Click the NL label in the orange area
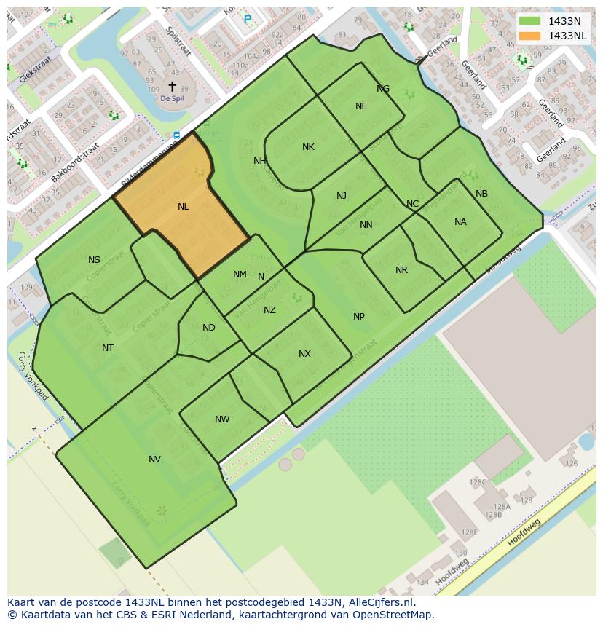pyautogui.click(x=183, y=207)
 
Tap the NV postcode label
pyautogui.click(x=154, y=460)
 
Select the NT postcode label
pyautogui.click(x=108, y=348)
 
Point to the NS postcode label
pyautogui.click(x=94, y=260)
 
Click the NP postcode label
pyautogui.click(x=359, y=317)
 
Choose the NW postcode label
pyautogui.click(x=222, y=419)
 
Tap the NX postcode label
pyautogui.click(x=304, y=354)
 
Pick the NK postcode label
pyautogui.click(x=308, y=147)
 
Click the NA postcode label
pyautogui.click(x=460, y=222)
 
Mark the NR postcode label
pyautogui.click(x=401, y=270)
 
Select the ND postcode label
pyautogui.click(x=209, y=328)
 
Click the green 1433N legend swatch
pyautogui.click(x=531, y=21)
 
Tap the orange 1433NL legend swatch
pyautogui.click(x=531, y=36)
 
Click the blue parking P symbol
pyautogui.click(x=248, y=20)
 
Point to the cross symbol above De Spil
pyautogui.click(x=172, y=86)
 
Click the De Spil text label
pyautogui.click(x=172, y=98)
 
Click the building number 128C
pyautogui.click(x=478, y=482)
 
